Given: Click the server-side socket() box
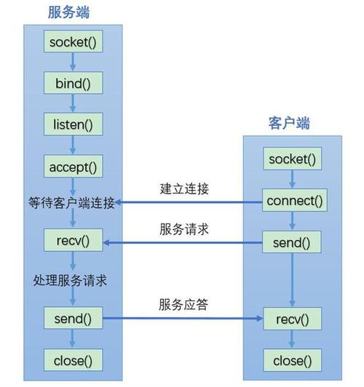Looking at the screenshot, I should [x=73, y=42].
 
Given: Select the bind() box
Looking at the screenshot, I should [x=73, y=83].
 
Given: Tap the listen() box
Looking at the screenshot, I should [x=73, y=124].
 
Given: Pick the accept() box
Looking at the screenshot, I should [x=73, y=167].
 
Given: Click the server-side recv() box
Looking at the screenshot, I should [x=73, y=239].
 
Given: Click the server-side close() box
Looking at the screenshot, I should [x=73, y=359].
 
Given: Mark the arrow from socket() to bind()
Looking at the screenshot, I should [x=73, y=63].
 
